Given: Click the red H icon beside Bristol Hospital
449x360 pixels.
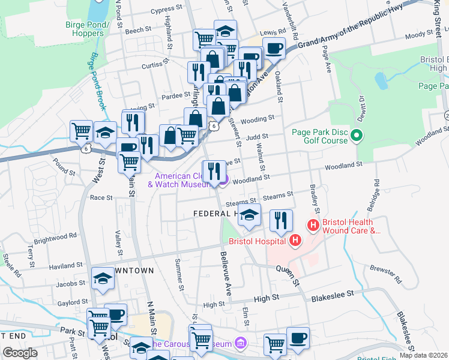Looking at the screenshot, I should [295, 242].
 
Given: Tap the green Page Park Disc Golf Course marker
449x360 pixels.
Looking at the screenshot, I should [357, 136].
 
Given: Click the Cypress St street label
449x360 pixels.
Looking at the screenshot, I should [167, 10].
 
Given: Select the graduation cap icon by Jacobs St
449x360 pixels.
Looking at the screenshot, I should [103, 278].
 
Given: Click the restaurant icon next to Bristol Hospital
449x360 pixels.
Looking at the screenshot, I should [280, 220].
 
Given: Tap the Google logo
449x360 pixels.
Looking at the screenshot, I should [20, 353].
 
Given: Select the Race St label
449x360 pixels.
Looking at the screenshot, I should [101, 197].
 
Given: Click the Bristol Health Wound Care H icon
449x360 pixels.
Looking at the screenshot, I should [313, 226].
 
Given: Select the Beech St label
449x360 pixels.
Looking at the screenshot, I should [138, 29].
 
